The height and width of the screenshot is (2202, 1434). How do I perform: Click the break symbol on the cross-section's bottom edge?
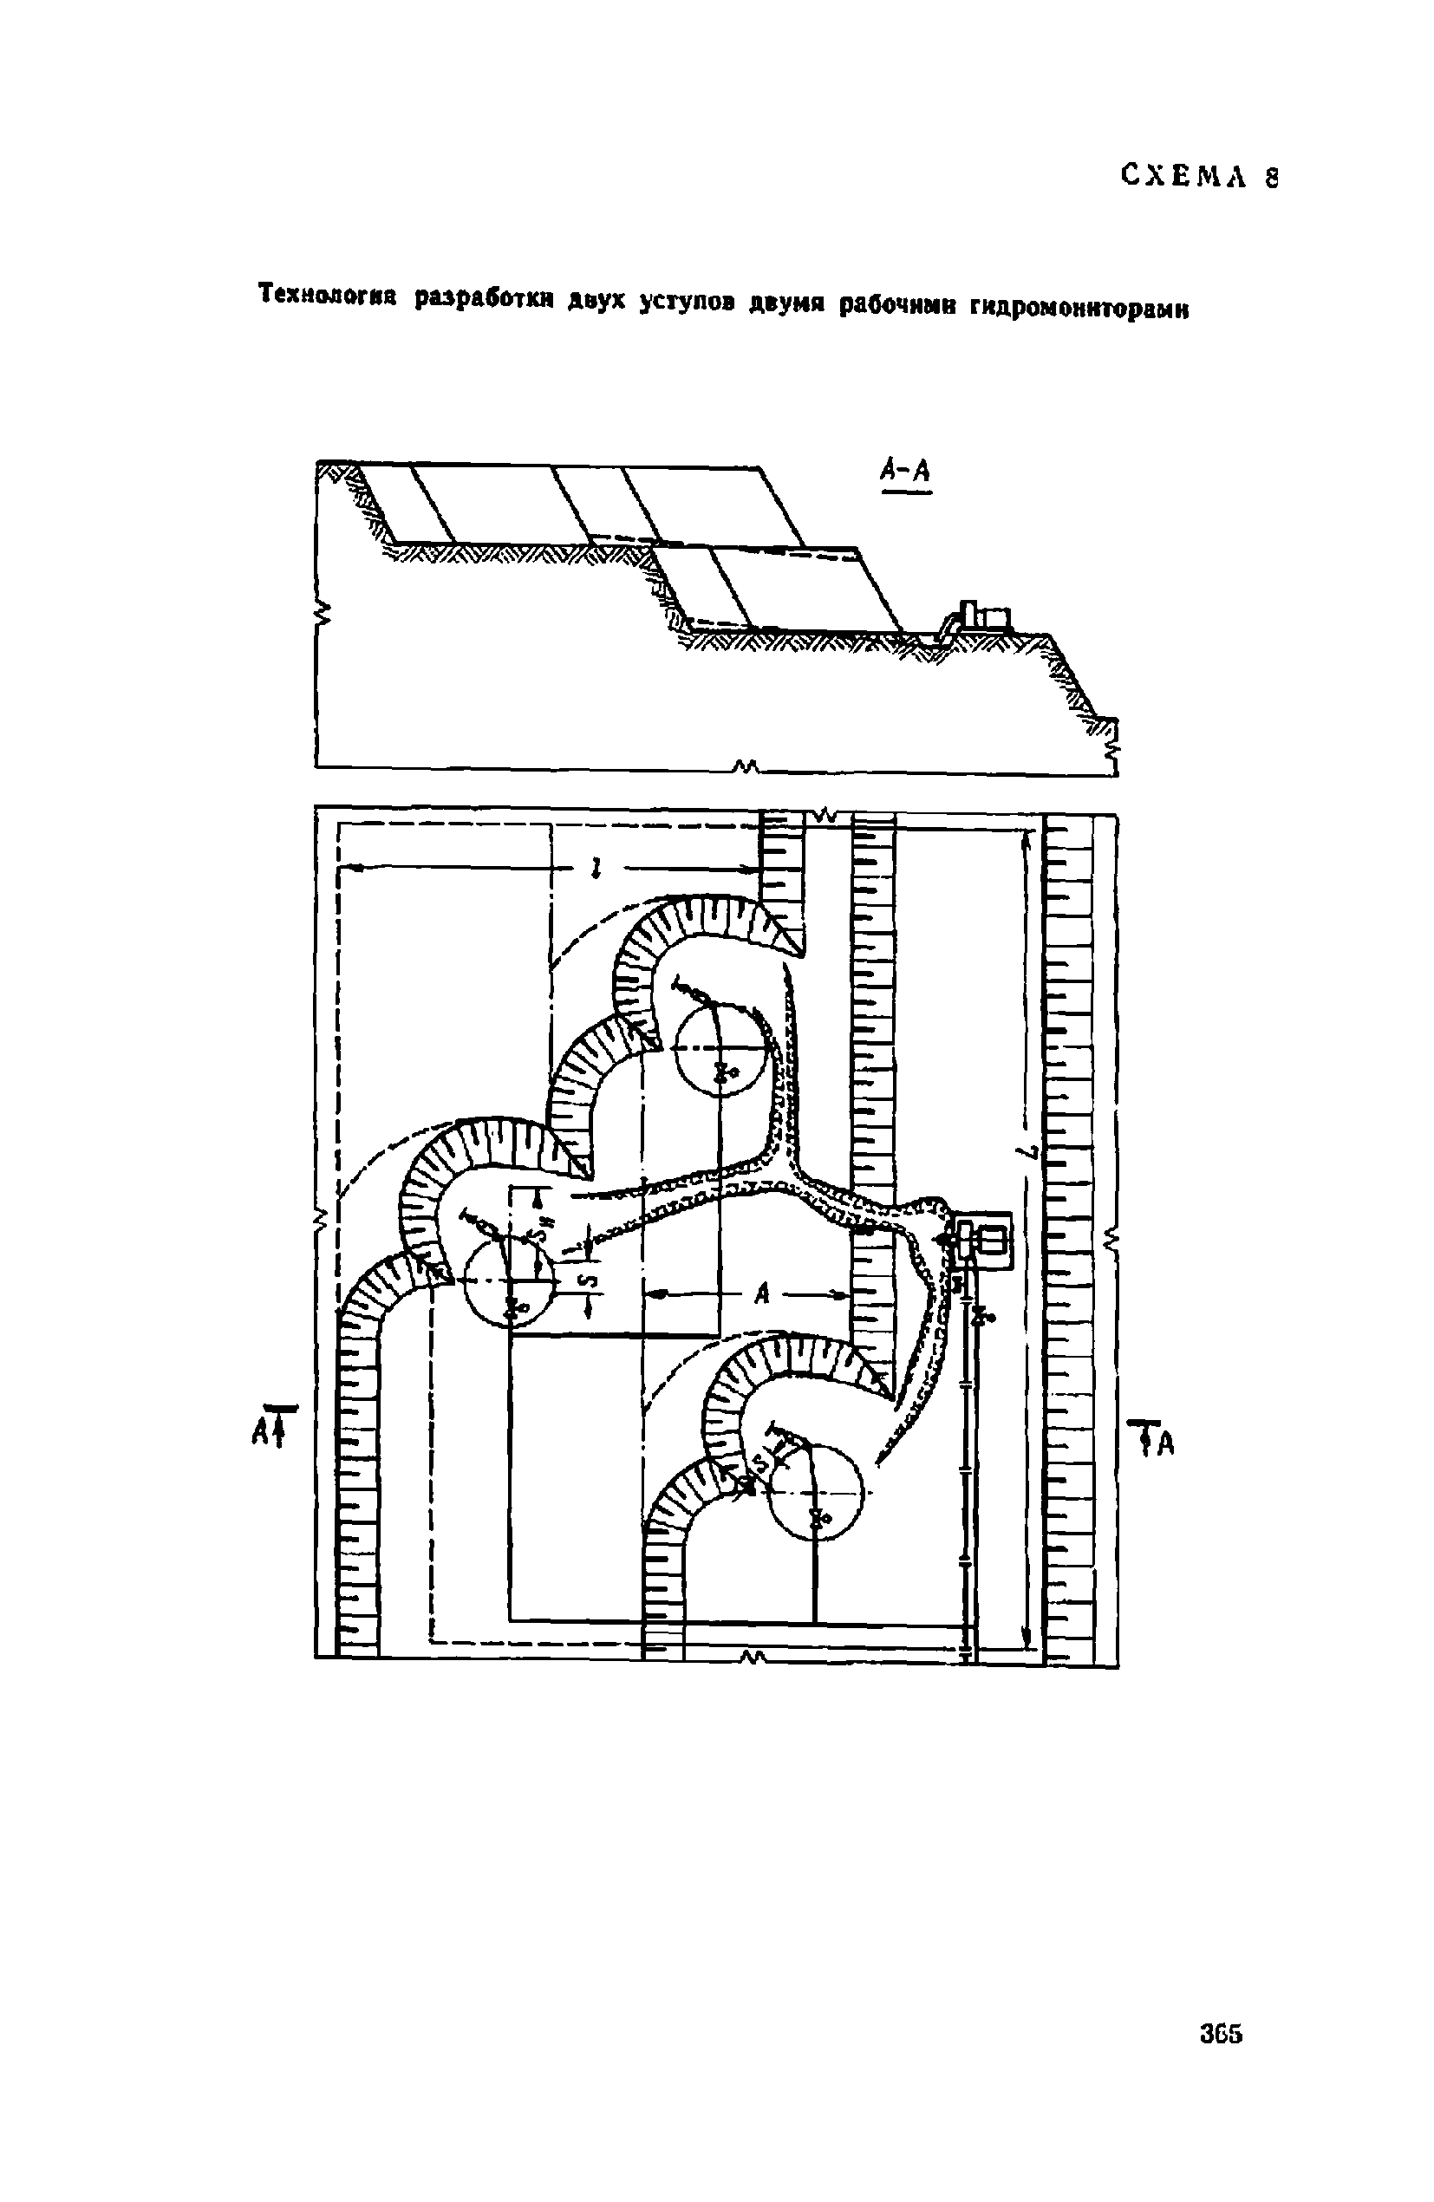746,766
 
